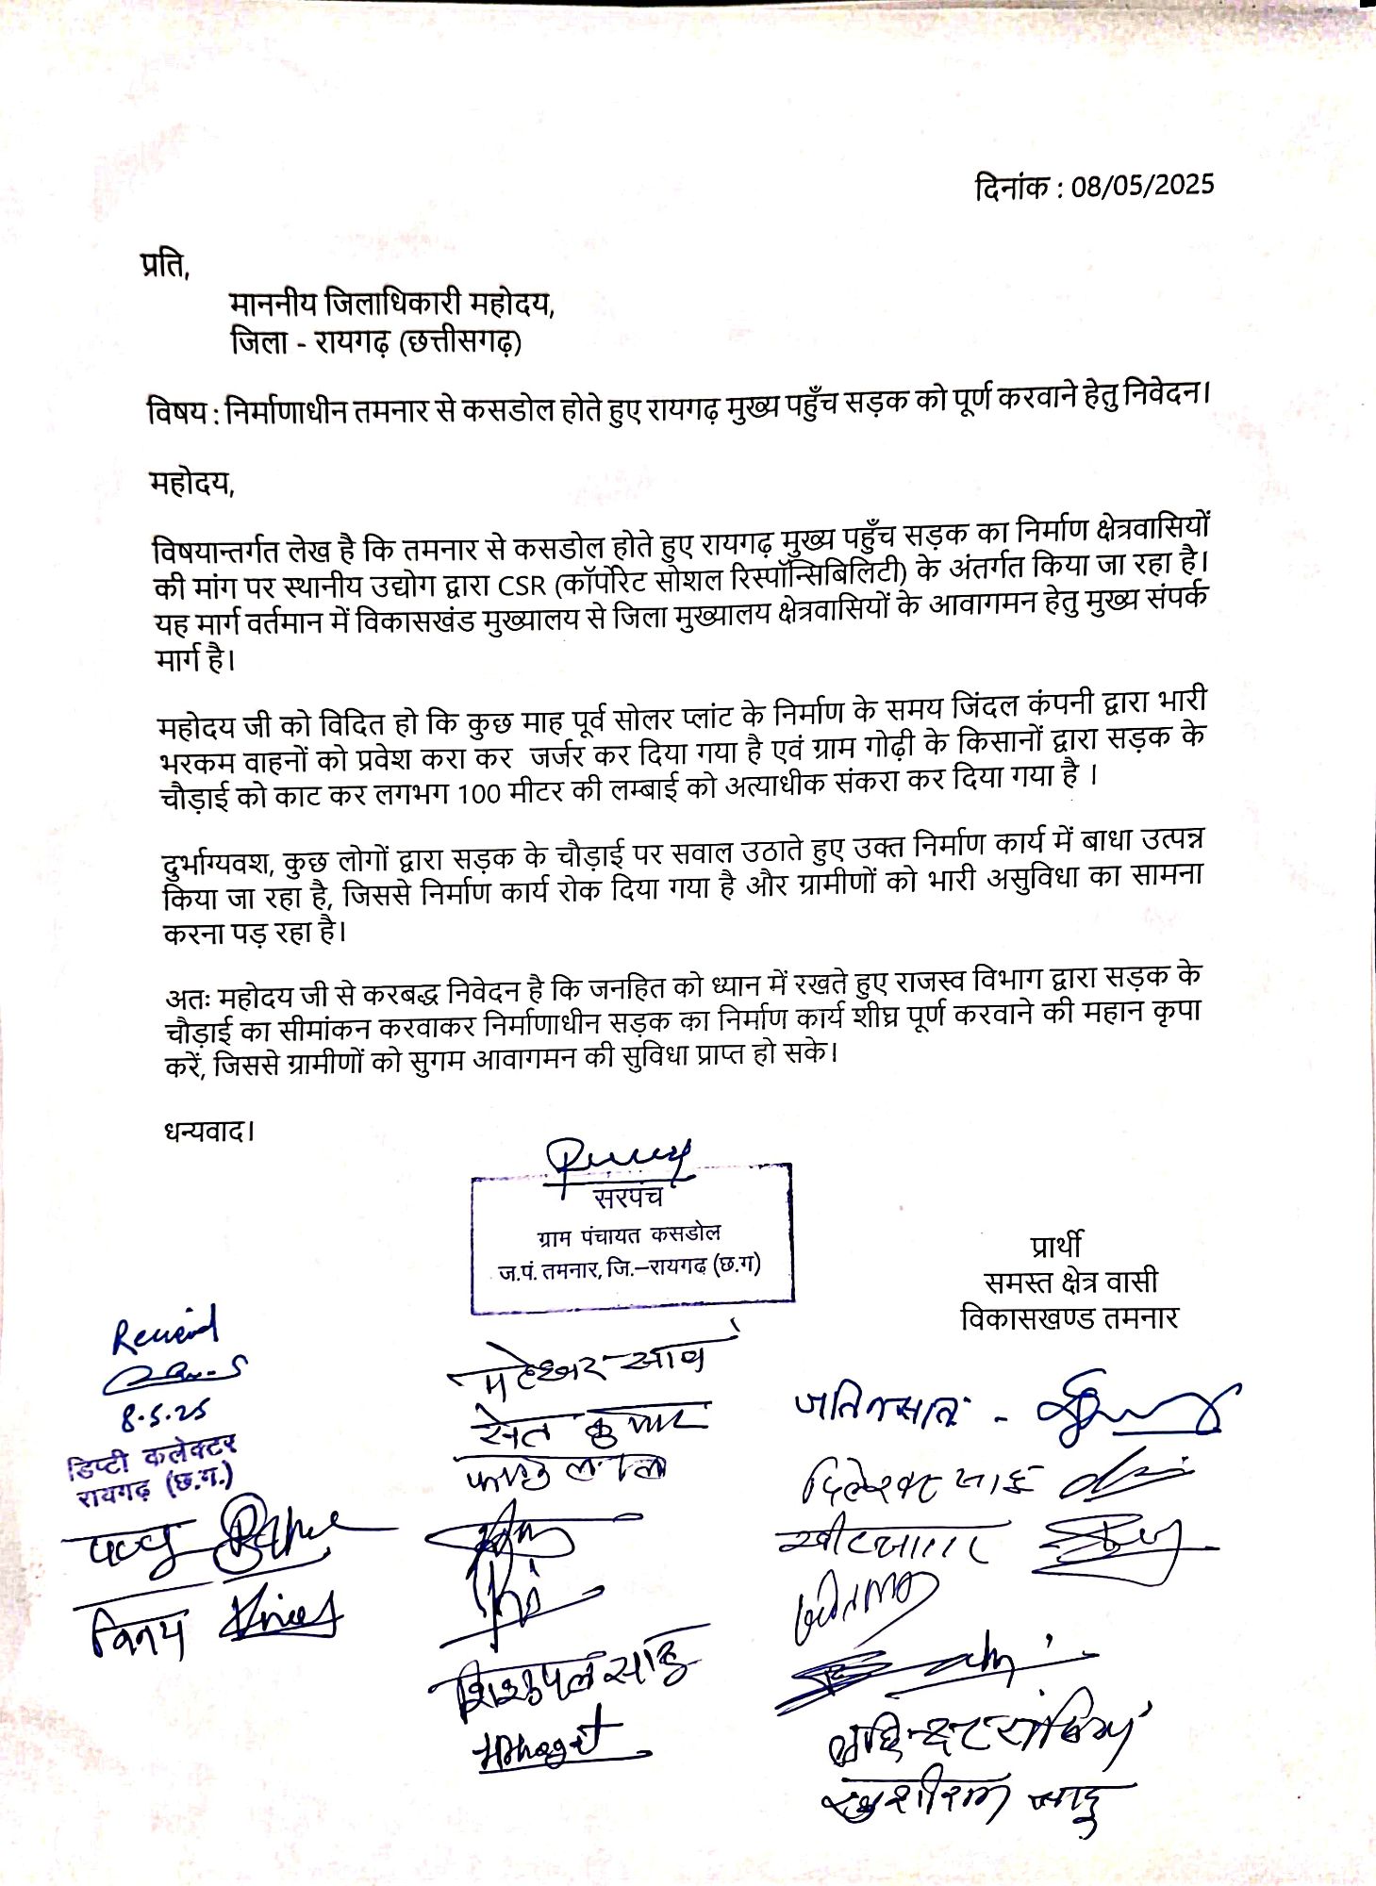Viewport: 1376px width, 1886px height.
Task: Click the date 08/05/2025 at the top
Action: click(x=1142, y=185)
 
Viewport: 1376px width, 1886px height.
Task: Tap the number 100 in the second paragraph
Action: click(x=478, y=795)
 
